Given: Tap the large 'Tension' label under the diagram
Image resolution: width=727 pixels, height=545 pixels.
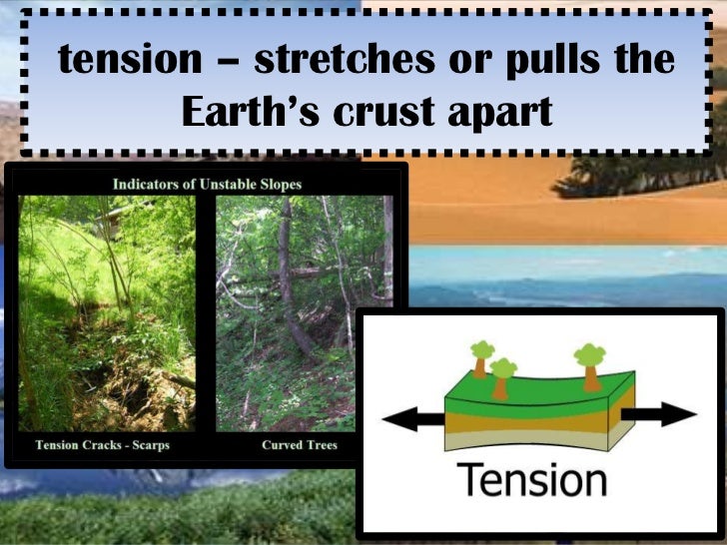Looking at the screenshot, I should (x=531, y=480).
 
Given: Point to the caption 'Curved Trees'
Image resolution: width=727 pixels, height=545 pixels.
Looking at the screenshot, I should (x=300, y=445).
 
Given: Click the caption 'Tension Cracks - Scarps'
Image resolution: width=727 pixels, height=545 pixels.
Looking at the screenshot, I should (x=103, y=445).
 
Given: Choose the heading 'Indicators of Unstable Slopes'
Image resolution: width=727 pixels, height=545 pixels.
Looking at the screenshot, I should (x=207, y=184).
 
